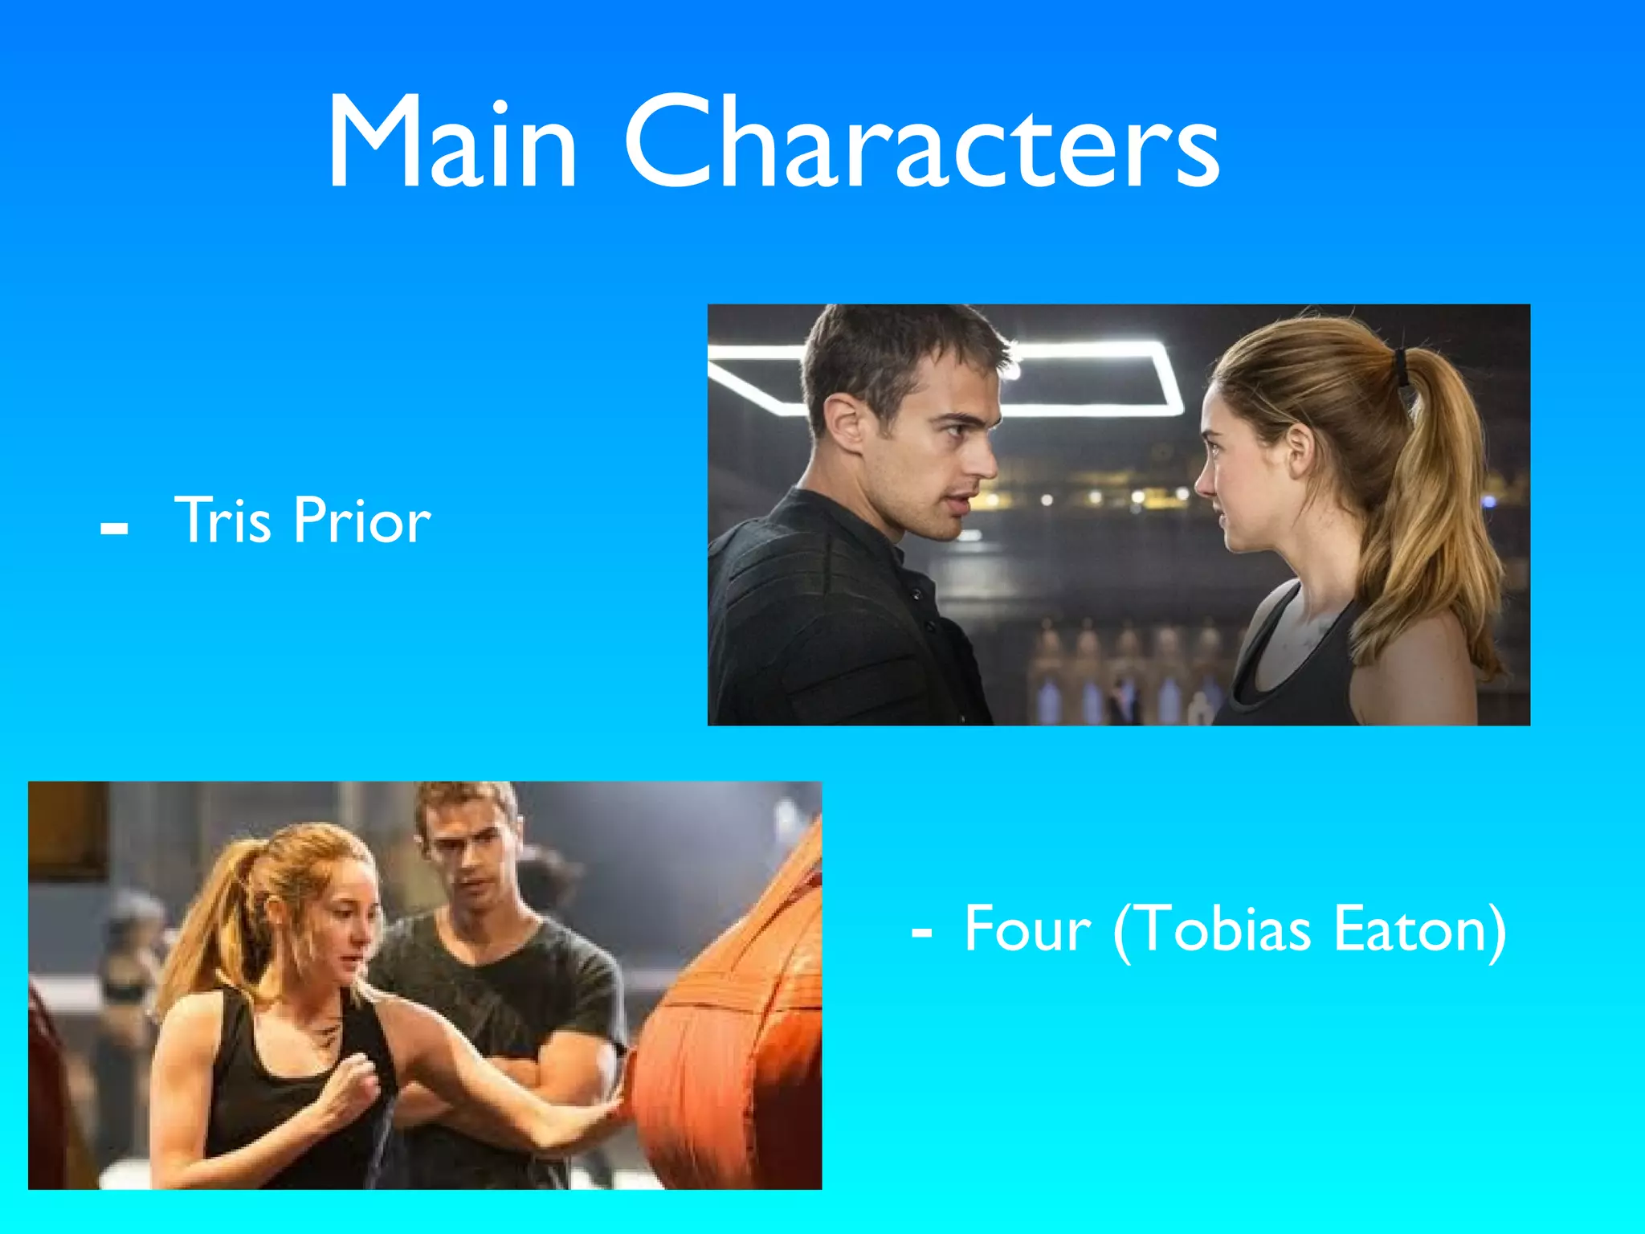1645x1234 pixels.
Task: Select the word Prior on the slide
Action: tap(362, 520)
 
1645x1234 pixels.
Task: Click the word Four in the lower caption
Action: tap(1027, 930)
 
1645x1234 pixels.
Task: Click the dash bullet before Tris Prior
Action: tap(114, 529)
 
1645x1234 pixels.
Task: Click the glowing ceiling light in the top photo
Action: tap(1092, 378)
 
